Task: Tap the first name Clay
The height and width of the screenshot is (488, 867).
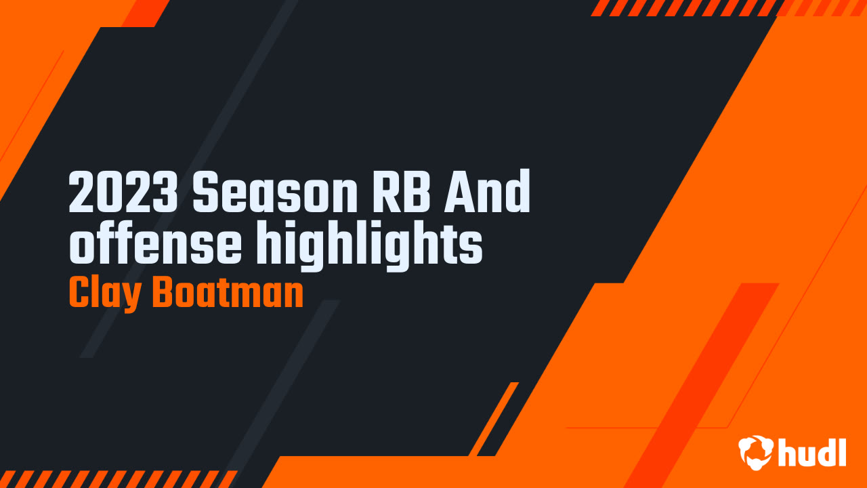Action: pos(104,294)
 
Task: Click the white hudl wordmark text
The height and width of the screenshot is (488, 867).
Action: pos(811,451)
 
